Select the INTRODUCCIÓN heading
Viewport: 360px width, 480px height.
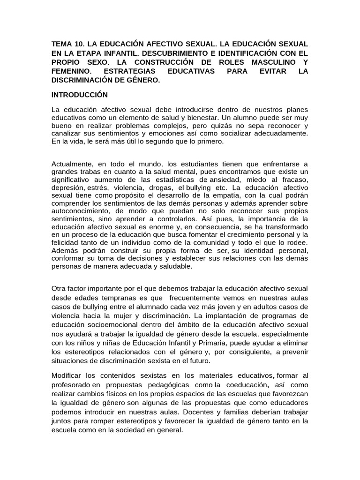(x=80, y=95)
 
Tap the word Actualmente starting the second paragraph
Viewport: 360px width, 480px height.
(x=73, y=164)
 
